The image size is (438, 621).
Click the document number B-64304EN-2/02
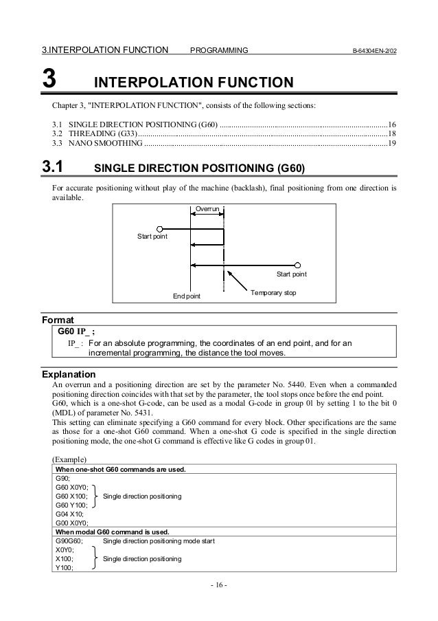371,50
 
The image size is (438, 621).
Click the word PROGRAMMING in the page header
219,50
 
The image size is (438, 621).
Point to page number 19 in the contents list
391,144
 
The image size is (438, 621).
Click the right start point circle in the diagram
298,265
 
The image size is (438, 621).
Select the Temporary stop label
273,293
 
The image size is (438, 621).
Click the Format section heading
58,320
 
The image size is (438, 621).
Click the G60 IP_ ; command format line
71,331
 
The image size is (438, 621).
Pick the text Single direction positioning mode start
159,541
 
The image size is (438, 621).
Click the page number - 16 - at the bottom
218,585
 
